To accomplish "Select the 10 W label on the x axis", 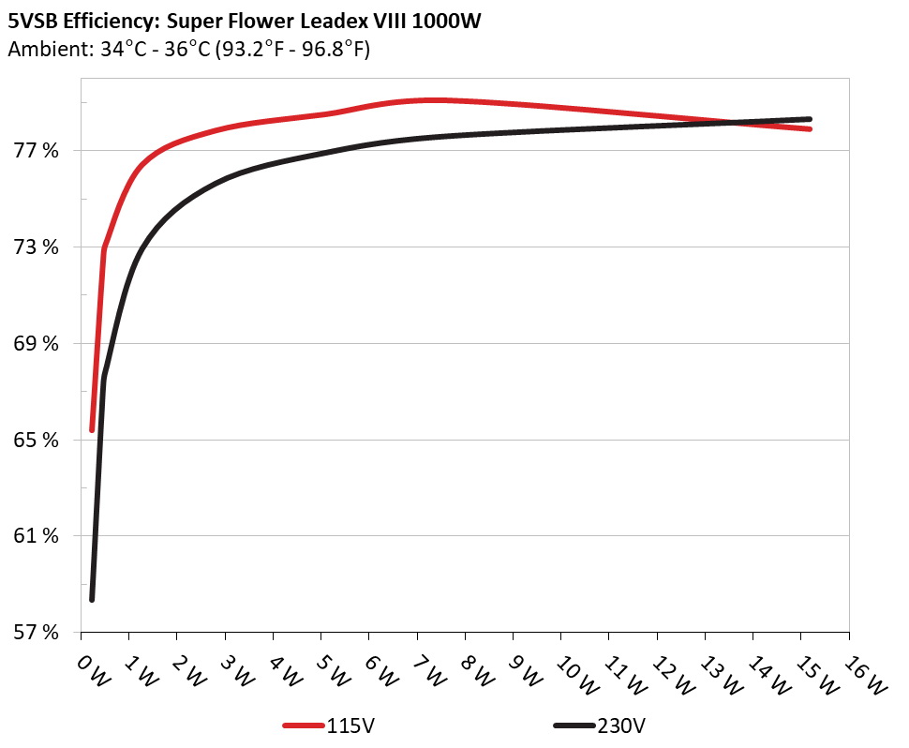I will point(570,671).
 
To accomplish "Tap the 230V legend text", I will point(619,726).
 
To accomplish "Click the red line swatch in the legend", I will point(304,726).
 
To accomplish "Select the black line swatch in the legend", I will point(574,726).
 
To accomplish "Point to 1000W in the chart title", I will point(448,21).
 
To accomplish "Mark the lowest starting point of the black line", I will point(92,599).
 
